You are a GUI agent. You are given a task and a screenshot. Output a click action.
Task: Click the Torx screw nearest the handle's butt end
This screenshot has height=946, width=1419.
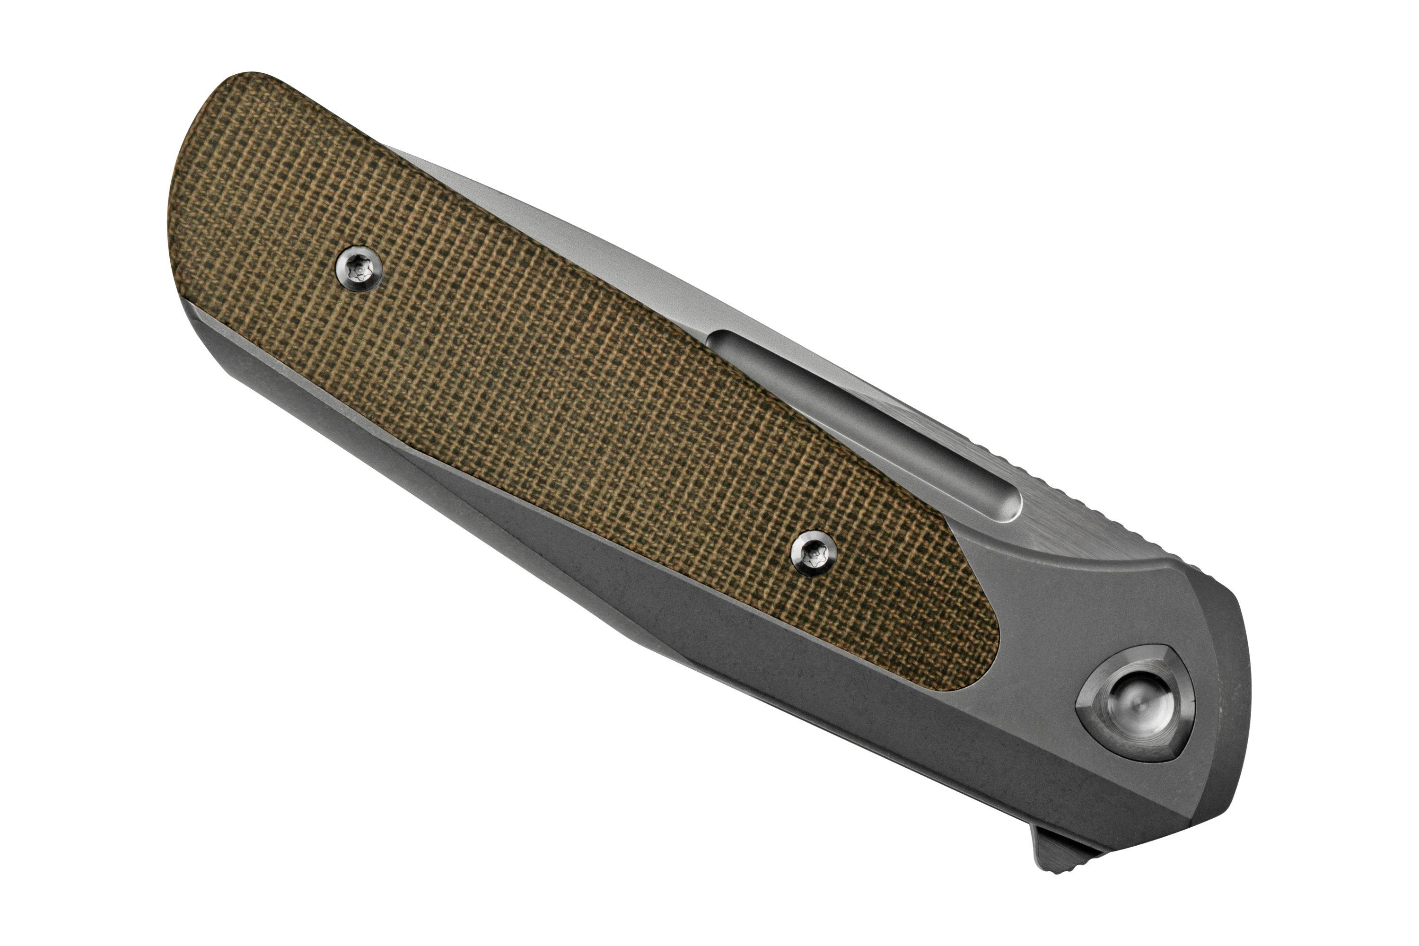coord(360,272)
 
